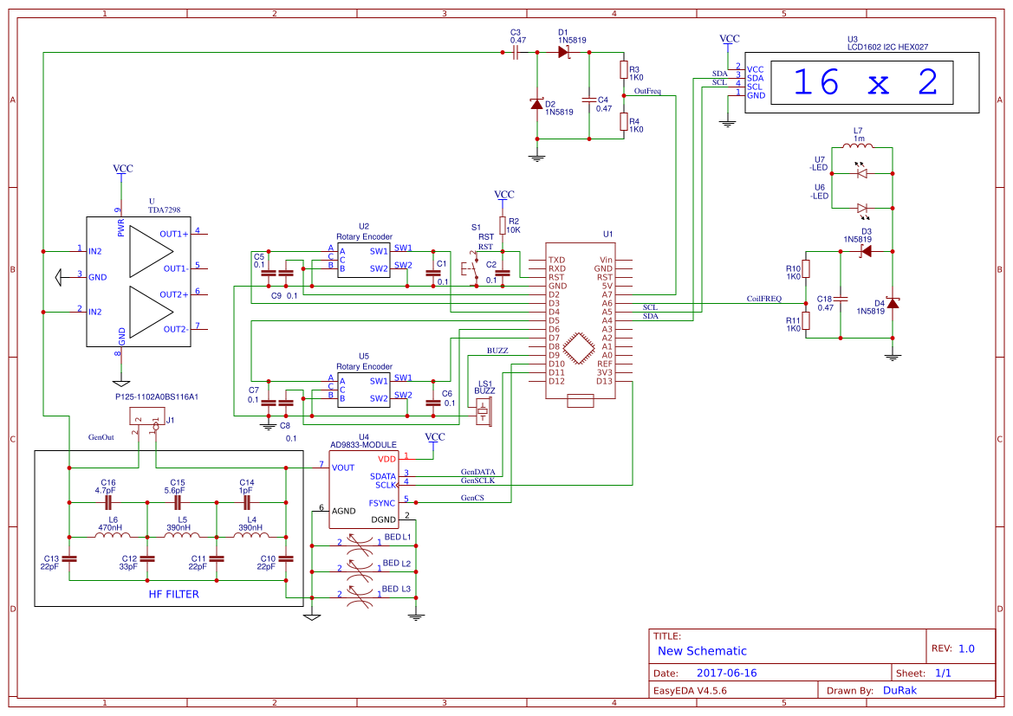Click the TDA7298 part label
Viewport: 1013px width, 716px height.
[x=164, y=210]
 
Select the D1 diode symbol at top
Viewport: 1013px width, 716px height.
[x=563, y=53]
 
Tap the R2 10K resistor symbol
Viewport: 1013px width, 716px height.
[x=503, y=225]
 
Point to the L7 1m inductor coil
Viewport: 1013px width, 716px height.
[x=858, y=146]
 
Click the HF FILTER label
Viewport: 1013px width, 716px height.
[x=173, y=594]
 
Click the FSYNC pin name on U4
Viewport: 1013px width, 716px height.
[x=381, y=503]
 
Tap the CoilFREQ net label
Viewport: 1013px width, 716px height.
[x=763, y=299]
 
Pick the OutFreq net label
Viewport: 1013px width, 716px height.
[x=647, y=91]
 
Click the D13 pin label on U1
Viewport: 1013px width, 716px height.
[x=604, y=381]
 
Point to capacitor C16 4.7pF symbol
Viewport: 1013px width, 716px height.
[x=109, y=501]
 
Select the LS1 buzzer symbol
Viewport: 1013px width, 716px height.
[x=485, y=410]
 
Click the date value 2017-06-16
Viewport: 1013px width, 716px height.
[x=726, y=673]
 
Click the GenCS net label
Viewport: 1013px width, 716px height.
[x=471, y=498]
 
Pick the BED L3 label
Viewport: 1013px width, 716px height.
[x=397, y=589]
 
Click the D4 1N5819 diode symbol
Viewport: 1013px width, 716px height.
[x=893, y=303]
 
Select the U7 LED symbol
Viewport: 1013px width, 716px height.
[x=861, y=173]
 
